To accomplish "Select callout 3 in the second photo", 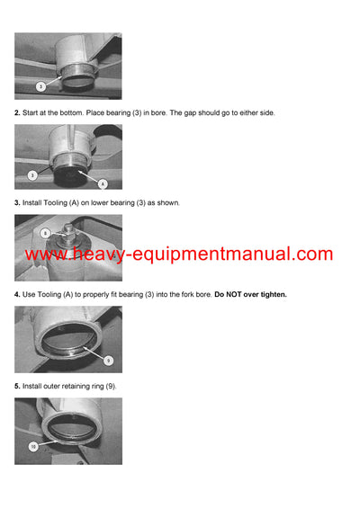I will point(32,174).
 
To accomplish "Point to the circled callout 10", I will point(32,446).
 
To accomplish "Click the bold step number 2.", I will point(17,112).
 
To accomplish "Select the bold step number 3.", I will point(17,203).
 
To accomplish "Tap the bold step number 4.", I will point(17,294).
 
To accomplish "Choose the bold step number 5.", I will point(17,386).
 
